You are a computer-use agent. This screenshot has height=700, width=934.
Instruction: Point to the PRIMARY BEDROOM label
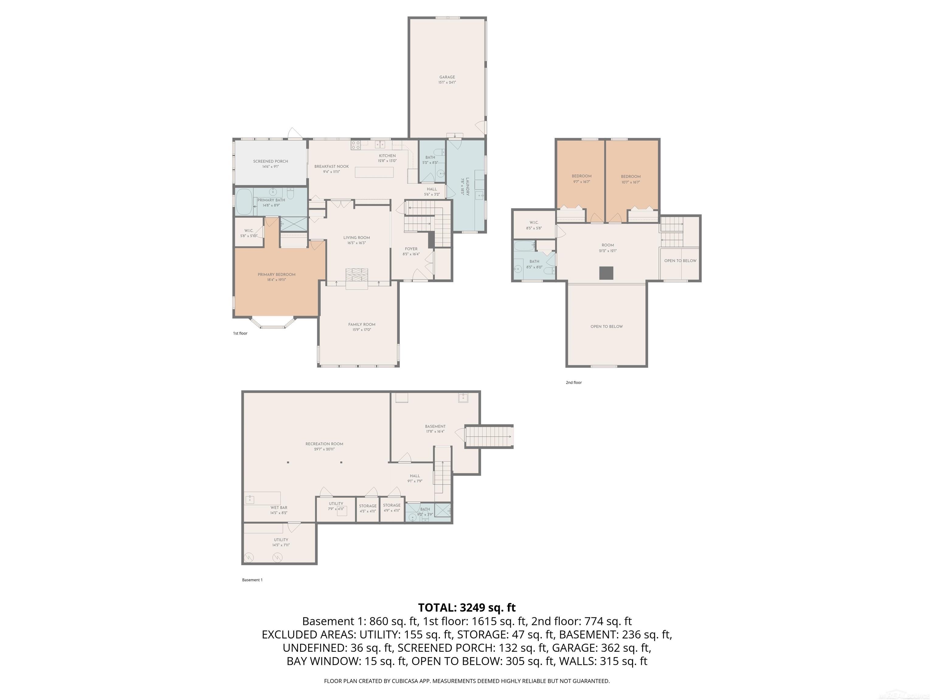pyautogui.click(x=277, y=277)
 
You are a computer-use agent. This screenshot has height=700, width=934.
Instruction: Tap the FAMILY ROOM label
pyautogui.click(x=361, y=327)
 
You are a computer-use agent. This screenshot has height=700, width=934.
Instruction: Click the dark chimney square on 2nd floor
pyautogui.click(x=606, y=273)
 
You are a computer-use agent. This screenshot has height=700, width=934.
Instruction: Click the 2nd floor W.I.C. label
pyautogui.click(x=534, y=225)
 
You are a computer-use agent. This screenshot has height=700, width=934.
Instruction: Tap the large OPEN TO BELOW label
pyautogui.click(x=606, y=327)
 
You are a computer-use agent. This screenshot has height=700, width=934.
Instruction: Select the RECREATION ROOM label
pyautogui.click(x=324, y=446)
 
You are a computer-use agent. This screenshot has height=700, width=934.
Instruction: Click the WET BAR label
pyautogui.click(x=279, y=510)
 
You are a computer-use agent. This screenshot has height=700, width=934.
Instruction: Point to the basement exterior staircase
pyautogui.click(x=489, y=436)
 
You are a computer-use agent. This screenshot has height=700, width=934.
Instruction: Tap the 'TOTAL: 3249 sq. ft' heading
pyautogui.click(x=467, y=608)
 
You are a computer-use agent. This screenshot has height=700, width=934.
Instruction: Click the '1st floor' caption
pyautogui.click(x=240, y=333)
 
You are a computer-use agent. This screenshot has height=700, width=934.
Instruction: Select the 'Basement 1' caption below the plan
pyautogui.click(x=252, y=580)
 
